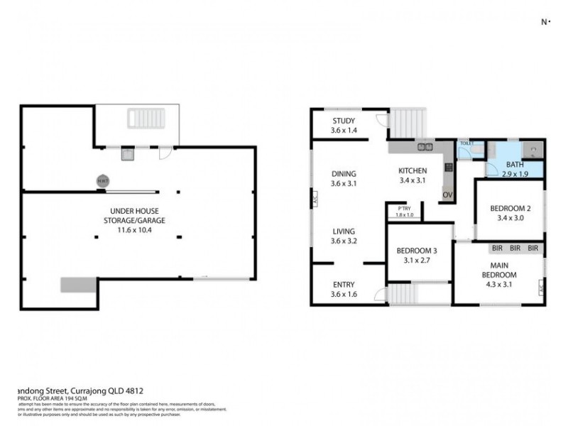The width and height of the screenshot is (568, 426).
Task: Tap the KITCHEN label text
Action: [412, 171]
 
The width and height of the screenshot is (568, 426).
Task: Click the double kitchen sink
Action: [426, 148]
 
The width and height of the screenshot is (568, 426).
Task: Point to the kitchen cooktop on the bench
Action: [449, 168]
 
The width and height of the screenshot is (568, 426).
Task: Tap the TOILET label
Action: [466, 143]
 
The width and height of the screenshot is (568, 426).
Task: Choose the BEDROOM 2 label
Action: [510, 209]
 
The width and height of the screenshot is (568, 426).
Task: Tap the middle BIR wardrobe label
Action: [515, 248]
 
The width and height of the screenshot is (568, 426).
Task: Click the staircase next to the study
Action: [408, 124]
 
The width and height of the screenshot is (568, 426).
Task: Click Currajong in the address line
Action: [90, 388]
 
